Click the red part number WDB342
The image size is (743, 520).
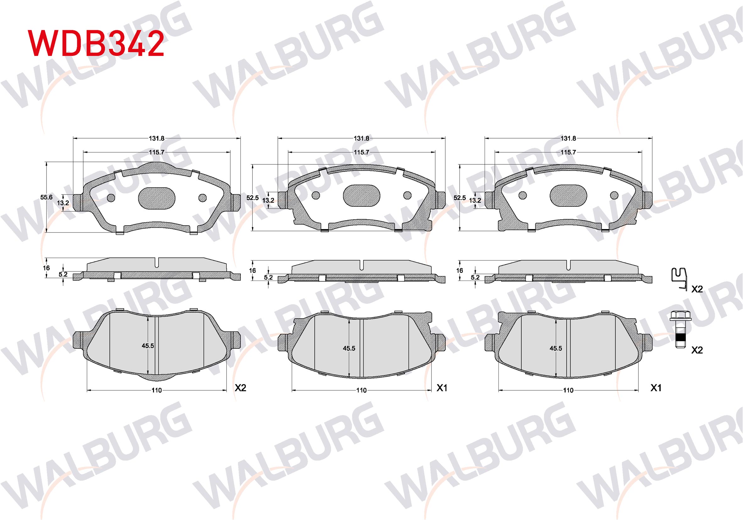click(x=96, y=43)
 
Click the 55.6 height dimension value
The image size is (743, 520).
click(x=46, y=197)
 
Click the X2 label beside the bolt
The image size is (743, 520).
click(x=697, y=350)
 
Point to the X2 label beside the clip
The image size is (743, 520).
click(x=697, y=289)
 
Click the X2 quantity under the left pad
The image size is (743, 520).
click(x=240, y=388)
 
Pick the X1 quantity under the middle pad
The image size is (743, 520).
click(x=442, y=388)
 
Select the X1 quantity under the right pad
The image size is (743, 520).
click(x=656, y=388)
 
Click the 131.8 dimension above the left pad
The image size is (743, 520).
click(x=157, y=138)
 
